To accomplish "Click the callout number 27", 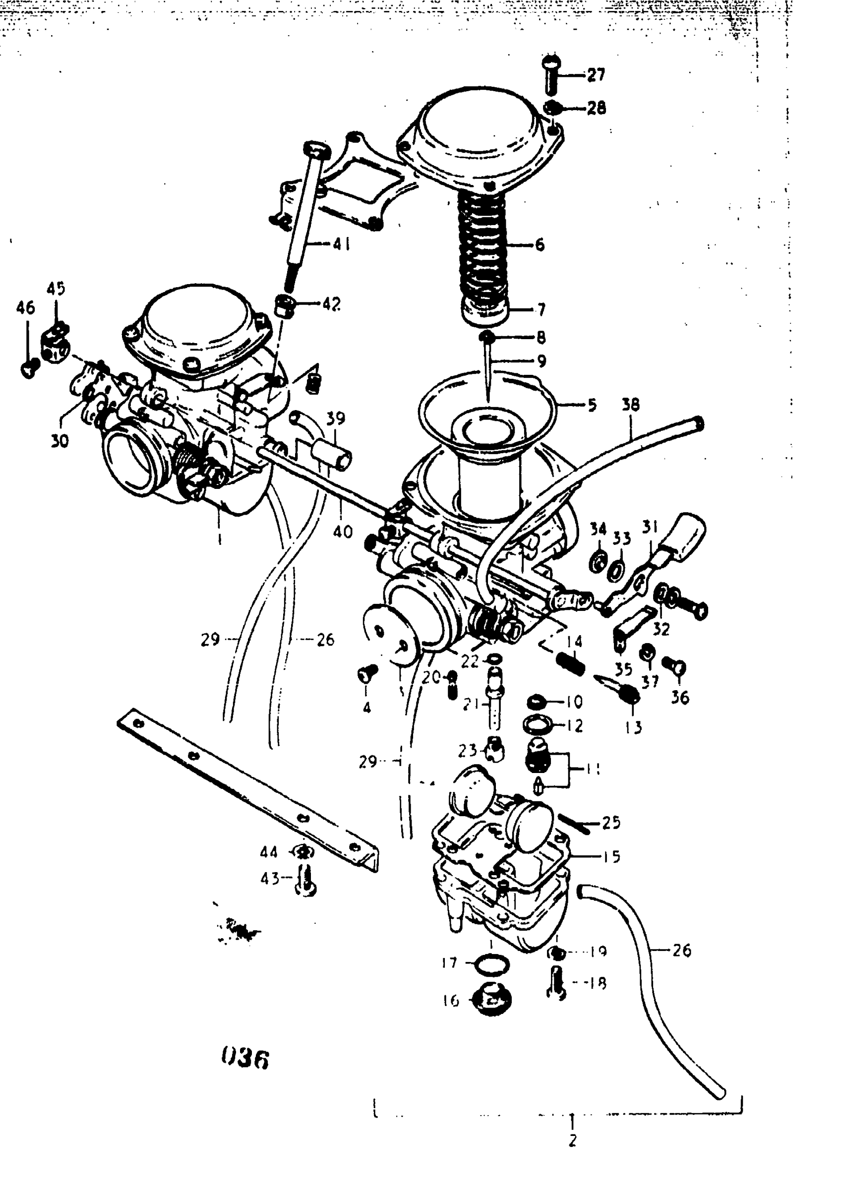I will click(597, 75).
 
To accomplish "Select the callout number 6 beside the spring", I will click(540, 244).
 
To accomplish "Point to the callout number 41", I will click(341, 243).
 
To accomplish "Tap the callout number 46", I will click(25, 308).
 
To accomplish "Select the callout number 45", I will click(56, 289).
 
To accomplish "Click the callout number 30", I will click(60, 442).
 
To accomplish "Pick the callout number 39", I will click(335, 418).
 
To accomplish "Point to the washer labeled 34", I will click(599, 561).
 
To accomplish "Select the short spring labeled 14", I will click(570, 664).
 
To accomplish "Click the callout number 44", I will click(269, 852).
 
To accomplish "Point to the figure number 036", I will click(245, 1059).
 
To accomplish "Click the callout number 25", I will click(611, 823).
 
